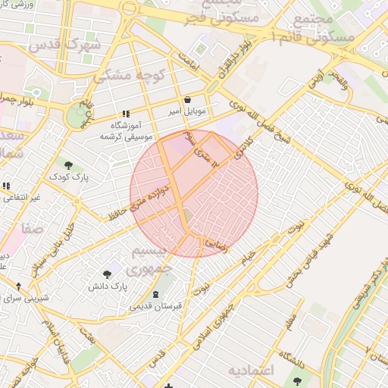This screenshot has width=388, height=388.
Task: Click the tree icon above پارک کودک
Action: click(69, 165)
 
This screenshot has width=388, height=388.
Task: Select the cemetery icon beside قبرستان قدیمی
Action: click(156, 294)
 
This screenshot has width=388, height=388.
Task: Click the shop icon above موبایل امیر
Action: click(186, 99)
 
